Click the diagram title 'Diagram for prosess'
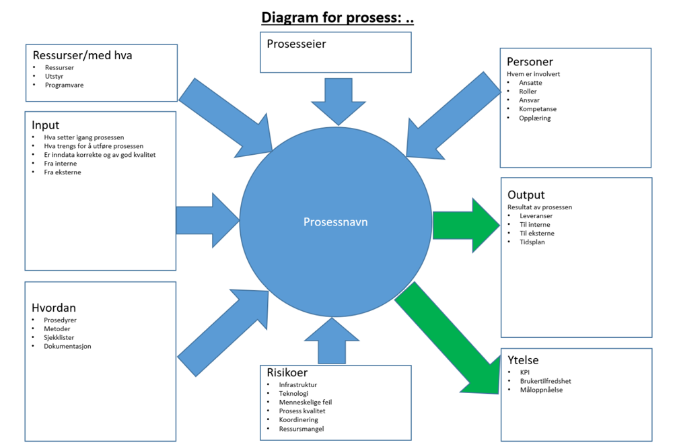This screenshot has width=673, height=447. click(x=331, y=18)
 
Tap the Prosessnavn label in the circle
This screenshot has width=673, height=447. click(x=336, y=222)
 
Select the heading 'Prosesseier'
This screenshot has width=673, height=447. click(x=297, y=44)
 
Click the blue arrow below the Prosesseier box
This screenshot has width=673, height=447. click(x=339, y=102)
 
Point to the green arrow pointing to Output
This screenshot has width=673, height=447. click(x=466, y=225)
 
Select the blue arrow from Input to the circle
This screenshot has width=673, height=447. click(x=208, y=220)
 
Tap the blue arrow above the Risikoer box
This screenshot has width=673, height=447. click(x=332, y=341)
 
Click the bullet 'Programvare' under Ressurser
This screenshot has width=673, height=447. click(x=65, y=85)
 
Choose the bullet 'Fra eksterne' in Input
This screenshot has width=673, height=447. click(x=62, y=172)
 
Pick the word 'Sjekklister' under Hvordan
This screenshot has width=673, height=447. click(x=59, y=337)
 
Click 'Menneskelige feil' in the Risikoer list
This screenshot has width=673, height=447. click(x=305, y=403)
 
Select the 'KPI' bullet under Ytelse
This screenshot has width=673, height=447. click(x=524, y=372)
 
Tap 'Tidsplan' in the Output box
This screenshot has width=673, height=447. click(x=532, y=242)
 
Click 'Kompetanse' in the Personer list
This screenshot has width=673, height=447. click(x=538, y=109)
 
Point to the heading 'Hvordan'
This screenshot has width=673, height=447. click(x=54, y=308)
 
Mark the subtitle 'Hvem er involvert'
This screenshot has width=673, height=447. click(x=533, y=74)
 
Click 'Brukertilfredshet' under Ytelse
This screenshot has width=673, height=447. click(x=546, y=381)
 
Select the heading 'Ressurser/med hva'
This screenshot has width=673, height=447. click(x=82, y=55)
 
